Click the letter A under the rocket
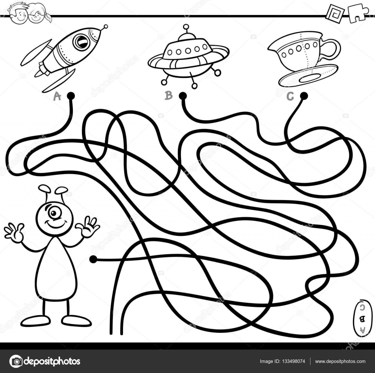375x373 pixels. click(x=57, y=96)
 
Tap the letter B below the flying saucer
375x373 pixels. click(x=168, y=96)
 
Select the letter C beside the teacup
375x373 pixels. click(x=290, y=97)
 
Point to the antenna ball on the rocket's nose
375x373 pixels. click(x=105, y=26)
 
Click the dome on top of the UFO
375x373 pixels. click(x=187, y=37)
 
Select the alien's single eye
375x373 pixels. click(x=55, y=214)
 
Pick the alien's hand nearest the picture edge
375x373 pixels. click(x=14, y=233)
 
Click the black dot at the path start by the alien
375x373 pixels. click(x=93, y=259)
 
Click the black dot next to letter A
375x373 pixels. click(x=71, y=96)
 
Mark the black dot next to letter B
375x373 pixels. click(x=183, y=96)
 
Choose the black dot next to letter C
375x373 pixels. click(x=304, y=96)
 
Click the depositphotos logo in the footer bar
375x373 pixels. click(x=45, y=361)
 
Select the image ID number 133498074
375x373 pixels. click(x=292, y=361)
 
